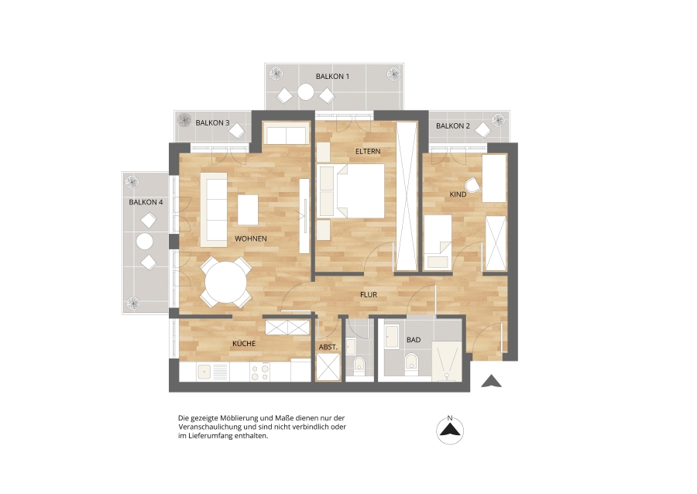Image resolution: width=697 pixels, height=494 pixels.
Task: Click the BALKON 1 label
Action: point(332,77)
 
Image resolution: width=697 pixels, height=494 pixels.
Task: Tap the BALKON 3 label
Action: point(212,122)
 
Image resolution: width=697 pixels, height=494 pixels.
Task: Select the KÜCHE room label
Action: point(244,344)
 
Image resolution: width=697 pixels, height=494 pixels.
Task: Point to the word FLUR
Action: point(369,294)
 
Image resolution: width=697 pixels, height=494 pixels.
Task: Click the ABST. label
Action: point(328,347)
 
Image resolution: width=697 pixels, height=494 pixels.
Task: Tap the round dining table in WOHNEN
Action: point(226,283)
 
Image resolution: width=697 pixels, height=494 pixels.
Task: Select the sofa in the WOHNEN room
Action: point(214,209)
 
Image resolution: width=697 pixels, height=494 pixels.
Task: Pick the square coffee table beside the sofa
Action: point(248,210)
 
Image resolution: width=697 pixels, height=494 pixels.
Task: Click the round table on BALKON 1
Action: point(305,92)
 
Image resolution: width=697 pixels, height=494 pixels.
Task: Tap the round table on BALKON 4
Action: point(145,242)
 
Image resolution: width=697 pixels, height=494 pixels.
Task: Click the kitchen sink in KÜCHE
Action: point(204,372)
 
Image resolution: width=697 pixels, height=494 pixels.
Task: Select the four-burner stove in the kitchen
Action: point(259,372)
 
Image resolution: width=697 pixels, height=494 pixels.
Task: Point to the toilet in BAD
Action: point(412,362)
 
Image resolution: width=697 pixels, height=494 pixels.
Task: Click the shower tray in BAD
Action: point(447,361)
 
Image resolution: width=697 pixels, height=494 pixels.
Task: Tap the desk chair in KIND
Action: point(472,185)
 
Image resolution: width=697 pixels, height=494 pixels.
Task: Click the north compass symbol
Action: point(450,430)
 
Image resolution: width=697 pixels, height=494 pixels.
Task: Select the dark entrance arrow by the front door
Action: point(491,381)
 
